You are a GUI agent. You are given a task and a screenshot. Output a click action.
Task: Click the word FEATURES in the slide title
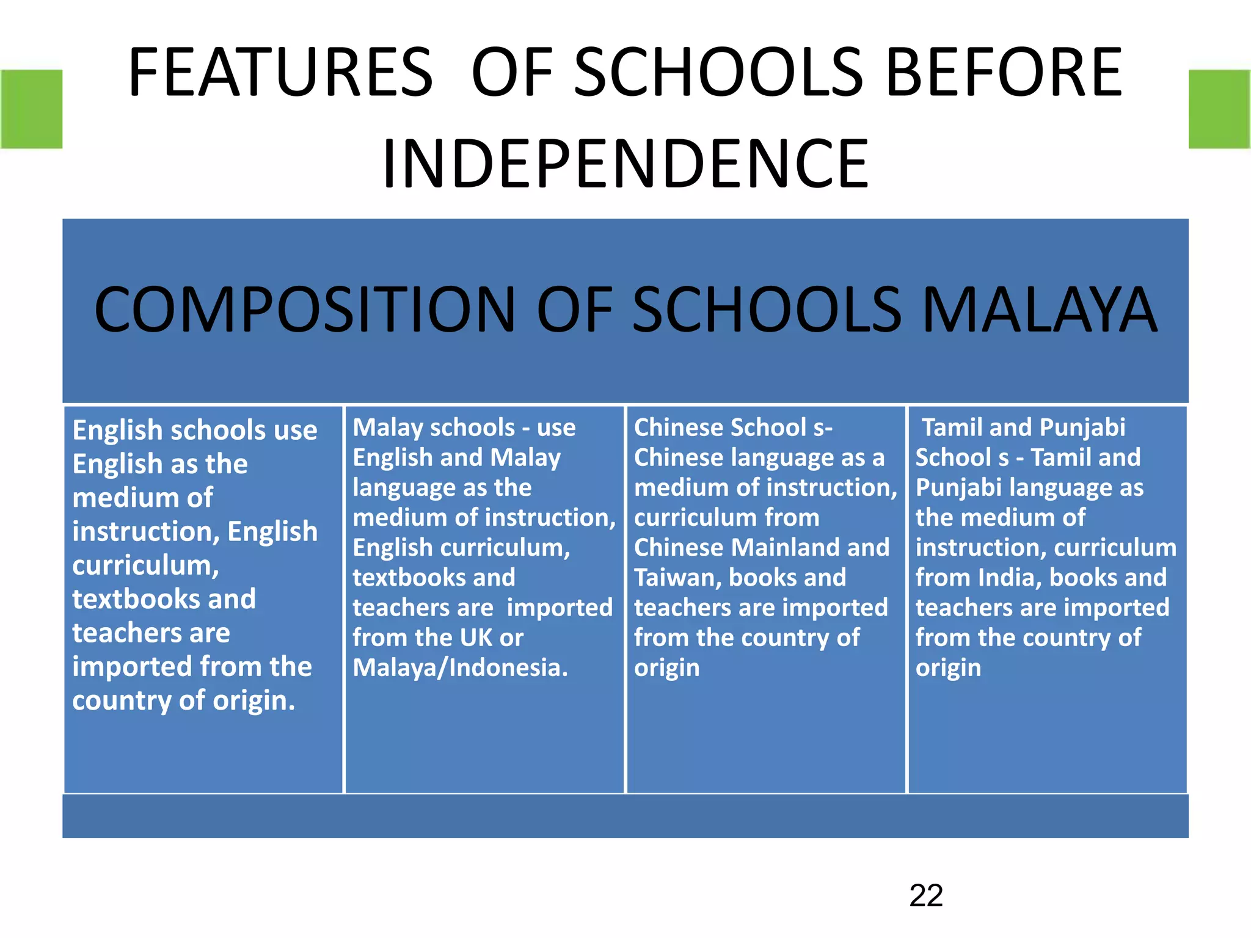pyautogui.click(x=280, y=73)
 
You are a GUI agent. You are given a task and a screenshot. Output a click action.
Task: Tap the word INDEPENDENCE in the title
pyautogui.click(x=625, y=164)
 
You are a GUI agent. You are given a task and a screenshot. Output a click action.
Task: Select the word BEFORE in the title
pyautogui.click(x=1003, y=73)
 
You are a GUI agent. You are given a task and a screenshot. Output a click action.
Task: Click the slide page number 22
pyautogui.click(x=926, y=896)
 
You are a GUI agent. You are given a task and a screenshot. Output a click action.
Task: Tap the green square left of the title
pyautogui.click(x=31, y=109)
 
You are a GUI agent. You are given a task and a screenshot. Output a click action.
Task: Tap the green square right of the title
pyautogui.click(x=1219, y=109)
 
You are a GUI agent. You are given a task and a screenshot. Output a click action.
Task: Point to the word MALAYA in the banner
pyautogui.click(x=1039, y=310)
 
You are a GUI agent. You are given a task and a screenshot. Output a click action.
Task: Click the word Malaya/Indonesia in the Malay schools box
pyautogui.click(x=460, y=667)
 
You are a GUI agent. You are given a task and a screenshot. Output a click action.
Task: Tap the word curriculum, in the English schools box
pyautogui.click(x=145, y=565)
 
